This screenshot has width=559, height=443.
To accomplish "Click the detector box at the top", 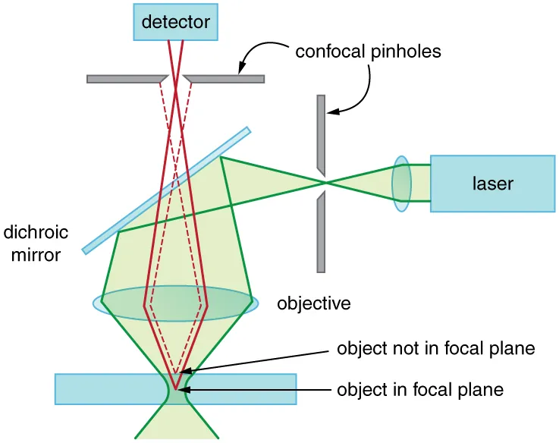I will [174, 22].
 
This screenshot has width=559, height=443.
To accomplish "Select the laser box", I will [491, 183].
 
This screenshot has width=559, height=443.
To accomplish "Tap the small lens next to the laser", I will [401, 183].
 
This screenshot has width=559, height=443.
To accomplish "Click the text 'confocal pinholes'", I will [368, 52].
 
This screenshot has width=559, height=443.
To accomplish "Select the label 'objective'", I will [314, 304].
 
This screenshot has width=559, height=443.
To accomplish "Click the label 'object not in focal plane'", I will [435, 350].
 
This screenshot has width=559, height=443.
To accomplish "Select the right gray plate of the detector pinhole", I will [225, 78].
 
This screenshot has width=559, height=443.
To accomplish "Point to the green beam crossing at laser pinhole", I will [325, 183].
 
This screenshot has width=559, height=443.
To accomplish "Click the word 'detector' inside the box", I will [174, 22].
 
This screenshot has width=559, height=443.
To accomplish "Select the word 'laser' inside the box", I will [492, 183].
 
